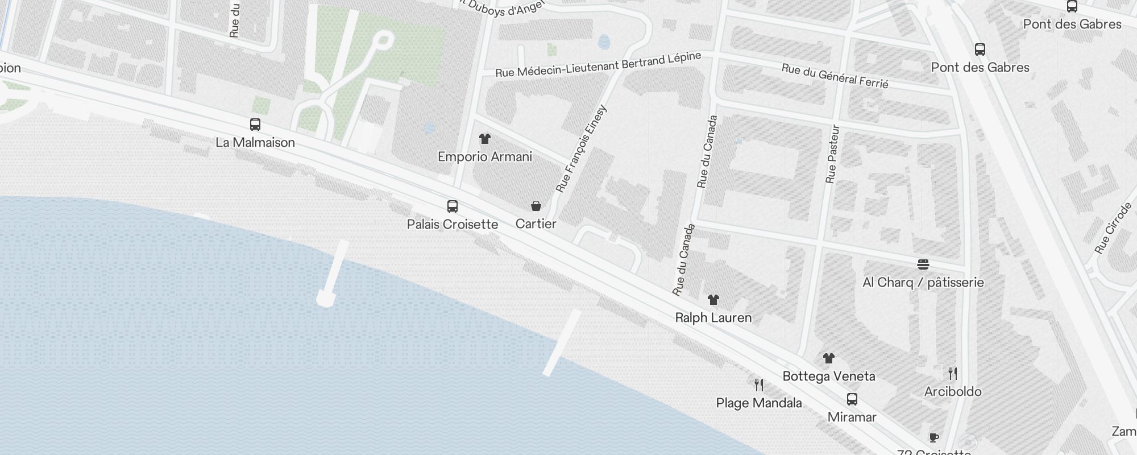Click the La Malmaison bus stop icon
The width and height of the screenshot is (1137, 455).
(x=255, y=125)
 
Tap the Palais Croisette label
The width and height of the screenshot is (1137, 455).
(x=453, y=224)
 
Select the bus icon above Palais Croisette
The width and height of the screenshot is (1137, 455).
(x=453, y=206)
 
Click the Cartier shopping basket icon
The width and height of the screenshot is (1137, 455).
(x=536, y=206)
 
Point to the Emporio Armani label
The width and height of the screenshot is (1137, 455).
(x=485, y=156)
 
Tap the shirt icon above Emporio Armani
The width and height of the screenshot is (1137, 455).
(x=484, y=139)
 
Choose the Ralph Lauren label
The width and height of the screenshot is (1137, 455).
(x=713, y=317)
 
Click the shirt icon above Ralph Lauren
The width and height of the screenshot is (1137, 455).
(x=713, y=300)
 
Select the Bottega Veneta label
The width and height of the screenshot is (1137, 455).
(x=829, y=376)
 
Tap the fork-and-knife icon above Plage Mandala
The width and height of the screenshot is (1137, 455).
(x=759, y=385)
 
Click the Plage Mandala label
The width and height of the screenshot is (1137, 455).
(x=759, y=403)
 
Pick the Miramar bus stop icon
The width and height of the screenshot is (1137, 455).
(x=852, y=399)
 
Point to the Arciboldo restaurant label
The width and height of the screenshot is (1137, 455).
(x=953, y=391)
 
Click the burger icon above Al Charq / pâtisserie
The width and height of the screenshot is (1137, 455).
(x=923, y=264)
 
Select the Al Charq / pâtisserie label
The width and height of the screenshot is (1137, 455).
(x=923, y=282)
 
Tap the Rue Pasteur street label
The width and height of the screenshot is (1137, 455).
(x=832, y=154)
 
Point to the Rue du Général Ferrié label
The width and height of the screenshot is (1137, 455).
(x=835, y=76)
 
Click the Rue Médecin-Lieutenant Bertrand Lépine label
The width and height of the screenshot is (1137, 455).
(x=598, y=65)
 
